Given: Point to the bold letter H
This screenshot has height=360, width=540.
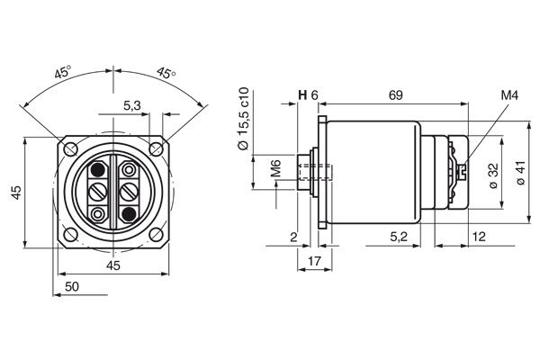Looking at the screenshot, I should tap(302, 94).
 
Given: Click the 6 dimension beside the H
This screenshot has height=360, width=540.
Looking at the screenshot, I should tap(315, 94).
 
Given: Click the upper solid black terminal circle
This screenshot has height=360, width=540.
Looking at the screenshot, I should tap(97, 169).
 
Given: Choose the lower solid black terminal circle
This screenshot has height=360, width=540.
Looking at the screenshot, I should tap(130, 213).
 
